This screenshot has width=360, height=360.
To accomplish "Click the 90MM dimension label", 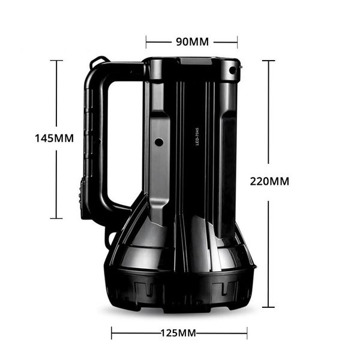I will pyautogui.click(x=192, y=41).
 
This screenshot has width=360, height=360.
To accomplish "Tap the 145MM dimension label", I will pyautogui.click(x=54, y=138).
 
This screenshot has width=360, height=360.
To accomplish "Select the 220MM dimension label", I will pyautogui.click(x=269, y=181).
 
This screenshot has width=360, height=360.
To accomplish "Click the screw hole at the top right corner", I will pyautogui.click(x=233, y=71).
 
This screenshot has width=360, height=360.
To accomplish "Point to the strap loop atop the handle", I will pyautogui.click(x=101, y=61).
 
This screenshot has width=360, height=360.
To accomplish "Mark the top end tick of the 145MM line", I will pyautogui.click(x=56, y=60).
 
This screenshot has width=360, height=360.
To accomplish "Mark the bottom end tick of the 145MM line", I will pyautogui.click(x=56, y=218).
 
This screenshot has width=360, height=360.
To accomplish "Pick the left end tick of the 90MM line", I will pyautogui.click(x=146, y=41).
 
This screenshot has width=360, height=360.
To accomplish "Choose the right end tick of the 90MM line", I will pyautogui.click(x=238, y=41).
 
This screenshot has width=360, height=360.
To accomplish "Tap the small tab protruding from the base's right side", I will pyautogui.click(x=255, y=265).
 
